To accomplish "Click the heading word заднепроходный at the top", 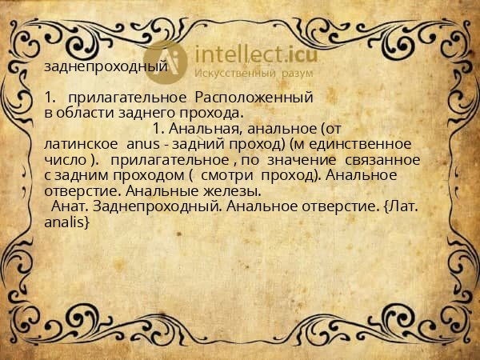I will point(106,67).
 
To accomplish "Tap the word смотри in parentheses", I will point(226,175).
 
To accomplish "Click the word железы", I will point(231,191).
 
